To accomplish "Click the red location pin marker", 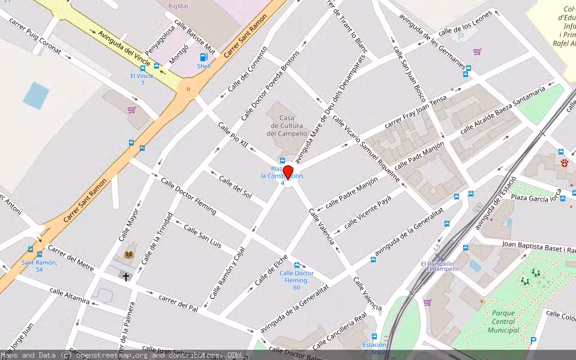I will (288, 172).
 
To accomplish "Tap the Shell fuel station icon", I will (204, 58).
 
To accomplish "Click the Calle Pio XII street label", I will (233, 136).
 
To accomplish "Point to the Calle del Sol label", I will (235, 187).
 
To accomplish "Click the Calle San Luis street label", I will (202, 236).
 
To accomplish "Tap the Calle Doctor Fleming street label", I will (188, 196).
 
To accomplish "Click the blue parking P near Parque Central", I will (533, 341).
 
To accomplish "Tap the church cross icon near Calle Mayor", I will (125, 277).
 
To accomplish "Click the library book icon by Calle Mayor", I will (129, 255).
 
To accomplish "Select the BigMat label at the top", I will (179, 5).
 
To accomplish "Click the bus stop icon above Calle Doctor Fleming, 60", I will (296, 265).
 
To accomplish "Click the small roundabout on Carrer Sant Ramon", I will (188, 90).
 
